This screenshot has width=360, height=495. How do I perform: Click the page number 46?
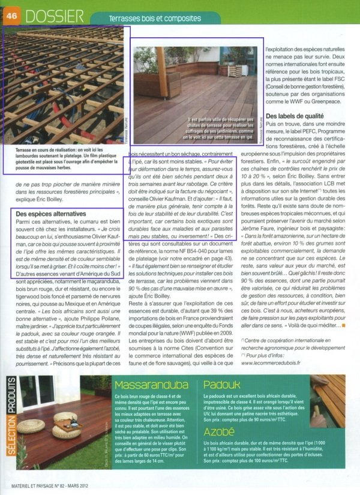coord(11,16)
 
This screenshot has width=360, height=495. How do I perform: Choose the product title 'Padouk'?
coord(224,385)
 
